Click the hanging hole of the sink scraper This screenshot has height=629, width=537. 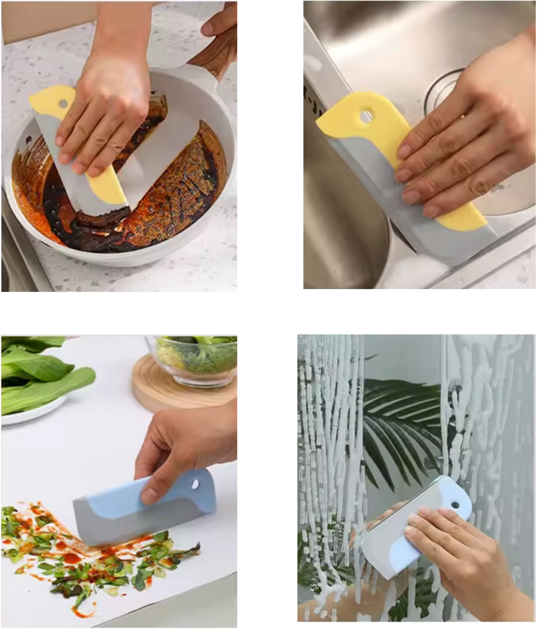[366, 116]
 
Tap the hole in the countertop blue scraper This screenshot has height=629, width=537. [194, 483]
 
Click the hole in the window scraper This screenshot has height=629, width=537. [455, 506]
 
